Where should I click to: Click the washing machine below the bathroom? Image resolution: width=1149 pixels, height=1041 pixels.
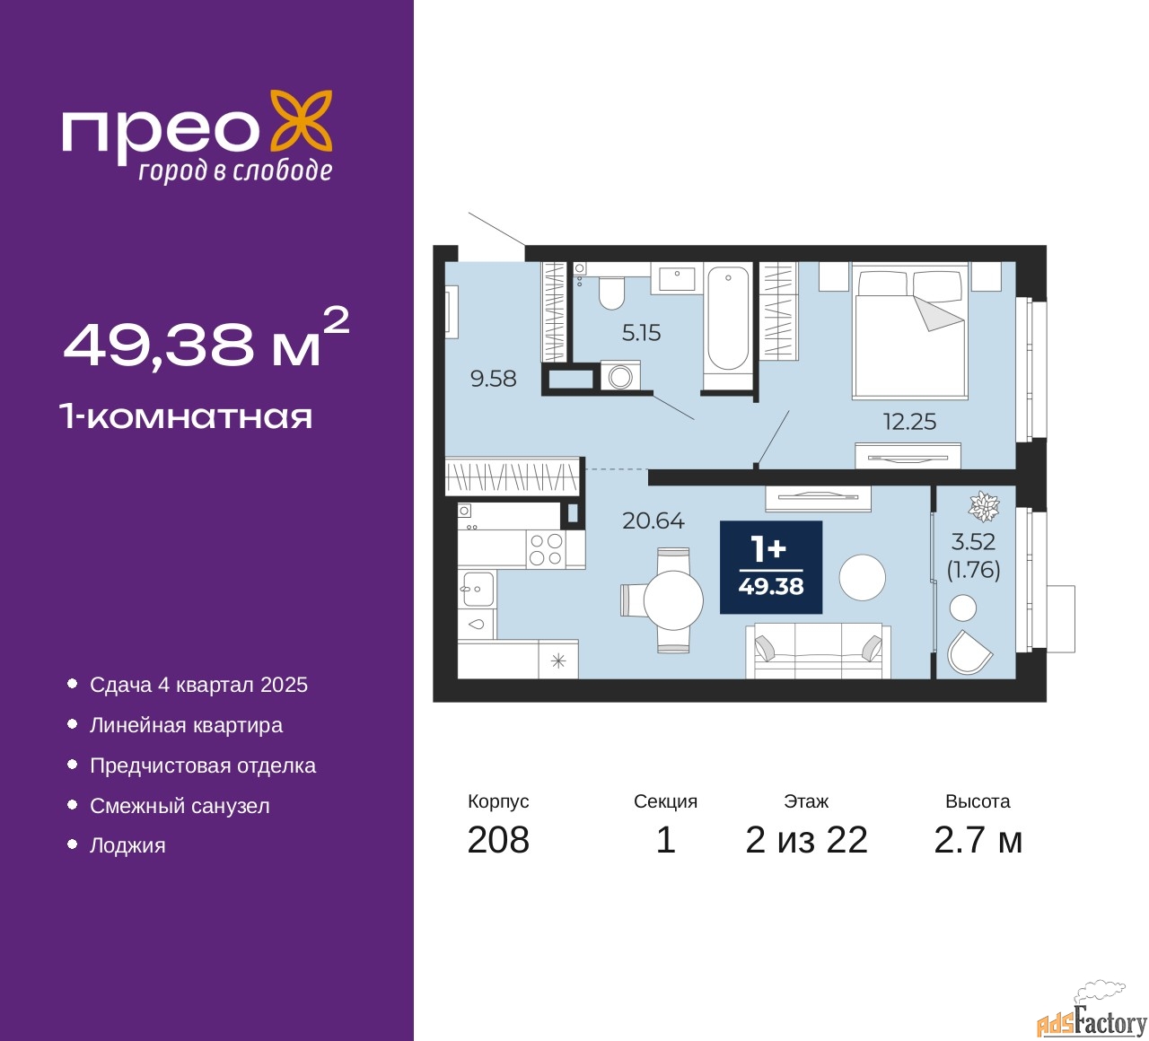point(620,376)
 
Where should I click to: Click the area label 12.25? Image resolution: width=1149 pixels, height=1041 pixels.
point(909,422)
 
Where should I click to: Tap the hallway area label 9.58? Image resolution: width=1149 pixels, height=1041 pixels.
point(493,379)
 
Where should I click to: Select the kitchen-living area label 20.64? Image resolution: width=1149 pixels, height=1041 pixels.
point(653,520)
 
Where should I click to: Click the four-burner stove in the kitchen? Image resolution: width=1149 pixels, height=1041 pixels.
point(546,549)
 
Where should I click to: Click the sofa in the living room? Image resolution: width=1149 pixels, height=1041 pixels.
point(818,651)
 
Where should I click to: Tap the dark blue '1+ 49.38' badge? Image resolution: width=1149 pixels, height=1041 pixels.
point(771,567)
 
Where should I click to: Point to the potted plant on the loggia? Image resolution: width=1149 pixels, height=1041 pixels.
point(984,506)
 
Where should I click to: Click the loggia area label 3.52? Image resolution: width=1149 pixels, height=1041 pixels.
point(973,541)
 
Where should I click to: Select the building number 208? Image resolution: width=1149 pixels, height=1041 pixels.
point(498,841)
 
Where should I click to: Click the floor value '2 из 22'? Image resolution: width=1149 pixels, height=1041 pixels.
point(806,841)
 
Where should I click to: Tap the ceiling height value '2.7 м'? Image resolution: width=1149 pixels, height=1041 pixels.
point(978,841)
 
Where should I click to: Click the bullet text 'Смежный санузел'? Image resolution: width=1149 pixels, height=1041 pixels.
point(180,806)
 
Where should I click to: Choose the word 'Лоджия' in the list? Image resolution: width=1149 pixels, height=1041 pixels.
point(127,845)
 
